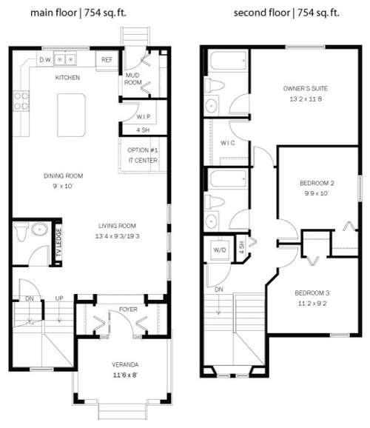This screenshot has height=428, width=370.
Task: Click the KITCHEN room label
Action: pos(67,77)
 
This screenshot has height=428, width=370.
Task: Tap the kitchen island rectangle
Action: pos(71,115)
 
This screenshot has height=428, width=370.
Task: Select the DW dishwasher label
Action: pos(44,59)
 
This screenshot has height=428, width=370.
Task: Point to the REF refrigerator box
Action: pos(107,59)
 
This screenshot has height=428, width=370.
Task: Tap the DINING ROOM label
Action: pos(63,176)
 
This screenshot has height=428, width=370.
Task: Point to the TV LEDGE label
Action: pos(58,244)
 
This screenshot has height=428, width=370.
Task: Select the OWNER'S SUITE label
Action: pos(306,89)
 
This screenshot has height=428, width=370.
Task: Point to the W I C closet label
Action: pos(227,143)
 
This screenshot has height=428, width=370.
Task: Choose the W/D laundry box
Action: pos(220,249)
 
